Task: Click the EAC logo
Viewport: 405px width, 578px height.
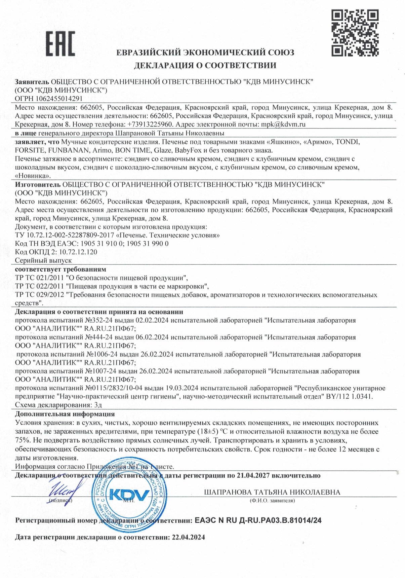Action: tap(60, 44)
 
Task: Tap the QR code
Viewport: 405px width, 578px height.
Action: tap(355, 33)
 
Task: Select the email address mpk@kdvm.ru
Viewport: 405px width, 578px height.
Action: tap(283, 124)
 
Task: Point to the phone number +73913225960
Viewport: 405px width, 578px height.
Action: tap(150, 124)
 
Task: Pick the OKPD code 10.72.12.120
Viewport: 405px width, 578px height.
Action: tap(78, 252)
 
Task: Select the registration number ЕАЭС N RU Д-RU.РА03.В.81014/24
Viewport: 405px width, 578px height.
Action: tap(258, 520)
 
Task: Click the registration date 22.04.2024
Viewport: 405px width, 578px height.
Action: tap(188, 537)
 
